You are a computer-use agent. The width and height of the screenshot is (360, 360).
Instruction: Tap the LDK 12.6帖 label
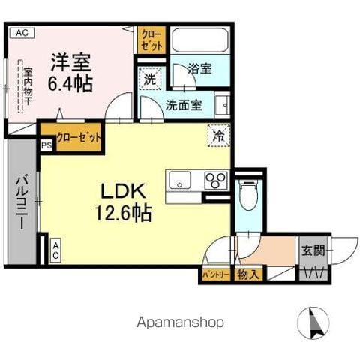pyautogui.click(x=123, y=202)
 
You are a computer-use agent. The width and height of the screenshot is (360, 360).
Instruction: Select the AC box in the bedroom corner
pyautogui.click(x=21, y=32)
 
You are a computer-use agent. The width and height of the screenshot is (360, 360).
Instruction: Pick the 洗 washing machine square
pyautogui.click(x=149, y=78)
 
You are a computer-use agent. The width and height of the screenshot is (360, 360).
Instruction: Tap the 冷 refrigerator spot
pyautogui.click(x=219, y=136)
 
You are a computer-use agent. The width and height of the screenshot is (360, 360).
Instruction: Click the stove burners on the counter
pyautogui.click(x=215, y=181)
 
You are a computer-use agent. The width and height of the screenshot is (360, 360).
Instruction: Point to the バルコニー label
pyautogui.click(x=22, y=202)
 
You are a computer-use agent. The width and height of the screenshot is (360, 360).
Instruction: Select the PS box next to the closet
pyautogui.click(x=46, y=145)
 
